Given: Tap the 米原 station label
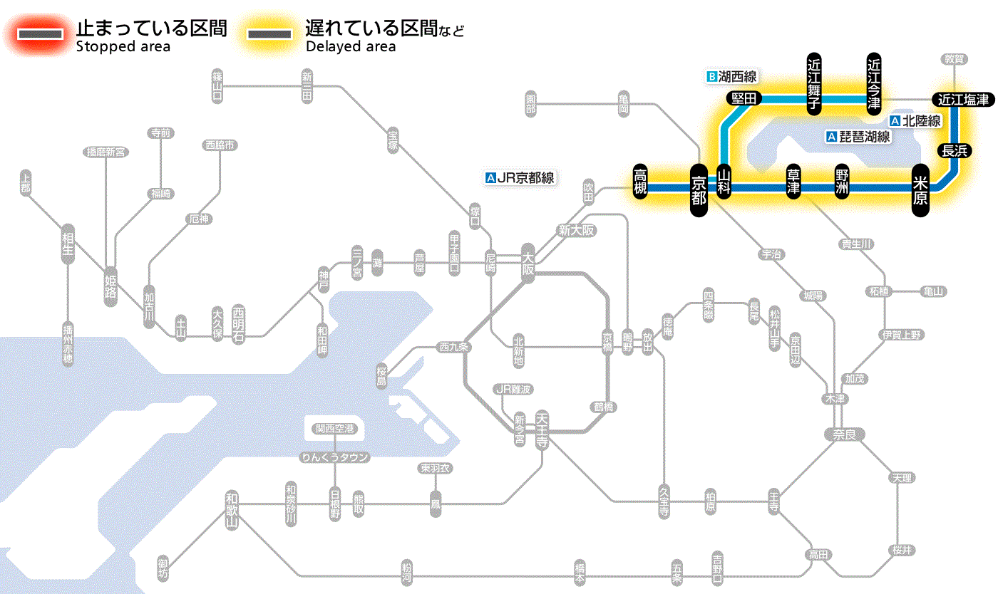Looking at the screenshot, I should coord(920,189).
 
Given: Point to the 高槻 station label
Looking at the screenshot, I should coord(640,182).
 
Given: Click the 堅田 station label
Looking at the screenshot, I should coord(744,98).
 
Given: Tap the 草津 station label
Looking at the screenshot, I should coord(793,182).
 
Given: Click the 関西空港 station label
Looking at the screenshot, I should coord(335,429).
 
